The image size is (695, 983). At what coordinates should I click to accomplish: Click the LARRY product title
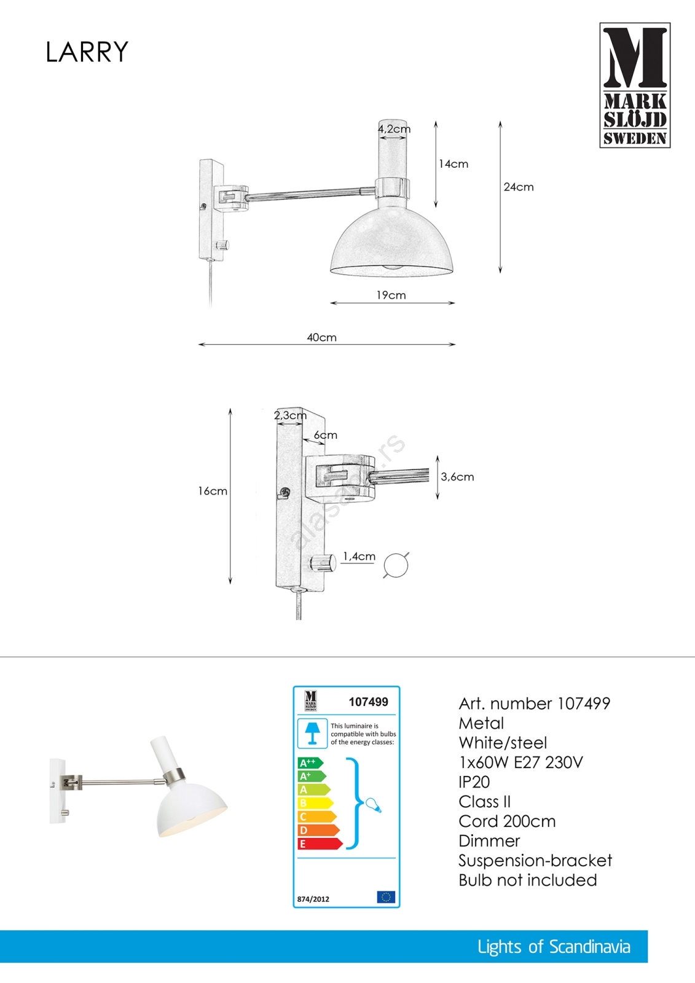[87, 52]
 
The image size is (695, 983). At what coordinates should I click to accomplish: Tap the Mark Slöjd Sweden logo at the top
[635, 85]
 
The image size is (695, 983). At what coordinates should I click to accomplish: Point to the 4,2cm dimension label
[395, 129]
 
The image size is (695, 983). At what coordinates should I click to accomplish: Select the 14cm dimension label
[454, 164]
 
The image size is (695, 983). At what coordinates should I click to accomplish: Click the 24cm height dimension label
[519, 187]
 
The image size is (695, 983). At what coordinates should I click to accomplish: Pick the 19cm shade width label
[391, 295]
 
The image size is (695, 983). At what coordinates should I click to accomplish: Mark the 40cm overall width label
[322, 337]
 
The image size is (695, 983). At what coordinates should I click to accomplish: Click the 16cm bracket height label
[213, 491]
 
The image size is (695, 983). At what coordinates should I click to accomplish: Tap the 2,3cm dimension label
[290, 415]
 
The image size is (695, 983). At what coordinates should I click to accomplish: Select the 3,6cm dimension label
[457, 477]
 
